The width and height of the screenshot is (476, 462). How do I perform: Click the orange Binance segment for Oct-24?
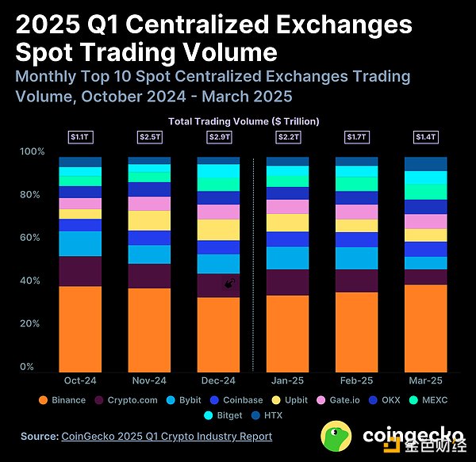click(x=80, y=329)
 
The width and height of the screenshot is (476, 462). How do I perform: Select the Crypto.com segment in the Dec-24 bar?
click(x=217, y=285)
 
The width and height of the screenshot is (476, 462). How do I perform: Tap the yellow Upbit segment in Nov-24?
click(x=149, y=220)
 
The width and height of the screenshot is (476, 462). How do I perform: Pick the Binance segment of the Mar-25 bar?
click(x=425, y=328)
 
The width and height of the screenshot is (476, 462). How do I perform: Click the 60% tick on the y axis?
click(x=27, y=238)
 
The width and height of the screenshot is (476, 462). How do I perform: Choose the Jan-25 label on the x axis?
click(x=287, y=380)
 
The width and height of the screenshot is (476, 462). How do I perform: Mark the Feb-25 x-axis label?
click(x=356, y=380)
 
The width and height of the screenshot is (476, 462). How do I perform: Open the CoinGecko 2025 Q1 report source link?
click(x=166, y=436)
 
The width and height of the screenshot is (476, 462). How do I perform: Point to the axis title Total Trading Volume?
click(x=243, y=120)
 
